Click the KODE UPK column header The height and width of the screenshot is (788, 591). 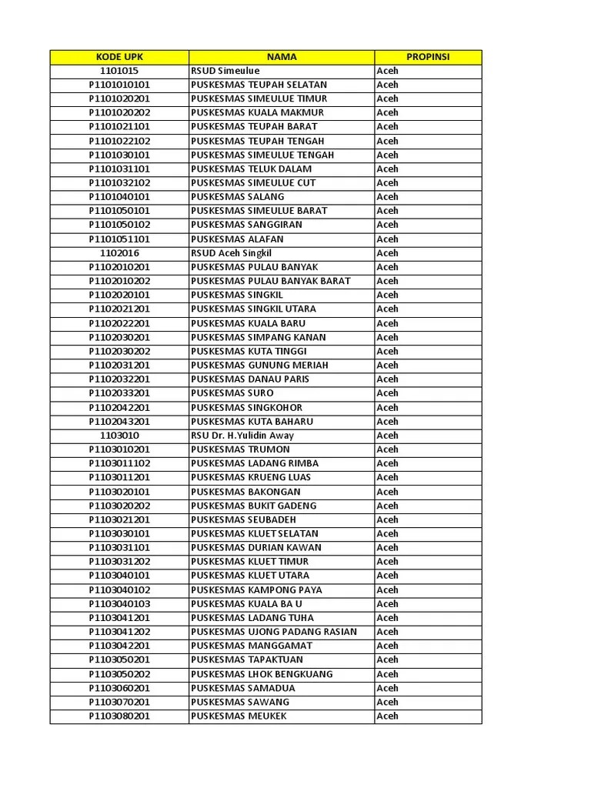tap(119, 57)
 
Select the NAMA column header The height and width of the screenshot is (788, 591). tap(282, 57)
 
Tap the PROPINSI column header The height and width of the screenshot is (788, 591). tap(428, 57)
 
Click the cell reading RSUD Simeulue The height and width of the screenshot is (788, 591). tap(225, 71)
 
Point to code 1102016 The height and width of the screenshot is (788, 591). tap(119, 253)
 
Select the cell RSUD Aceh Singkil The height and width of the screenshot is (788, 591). tap(232, 253)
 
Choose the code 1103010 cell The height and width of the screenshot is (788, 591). tap(119, 436)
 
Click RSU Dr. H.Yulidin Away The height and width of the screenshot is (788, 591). tap(242, 436)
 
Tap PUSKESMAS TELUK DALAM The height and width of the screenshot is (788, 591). tap(252, 169)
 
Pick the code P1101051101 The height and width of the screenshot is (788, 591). tap(119, 239)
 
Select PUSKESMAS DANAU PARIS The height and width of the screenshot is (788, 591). tap(250, 379)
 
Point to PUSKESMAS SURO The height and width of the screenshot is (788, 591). tap(232, 393)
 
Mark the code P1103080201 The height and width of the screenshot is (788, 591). tap(119, 716)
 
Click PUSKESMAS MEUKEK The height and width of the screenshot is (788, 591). tap(239, 716)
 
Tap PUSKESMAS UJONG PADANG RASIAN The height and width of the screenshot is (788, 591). tap(274, 632)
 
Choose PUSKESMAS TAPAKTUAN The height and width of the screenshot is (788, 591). tap(247, 659)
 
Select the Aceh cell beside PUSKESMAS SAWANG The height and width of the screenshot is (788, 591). tap(388, 702)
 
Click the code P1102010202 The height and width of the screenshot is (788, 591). tap(119, 281)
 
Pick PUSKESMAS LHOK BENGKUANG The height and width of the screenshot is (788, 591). tap(262, 674)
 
